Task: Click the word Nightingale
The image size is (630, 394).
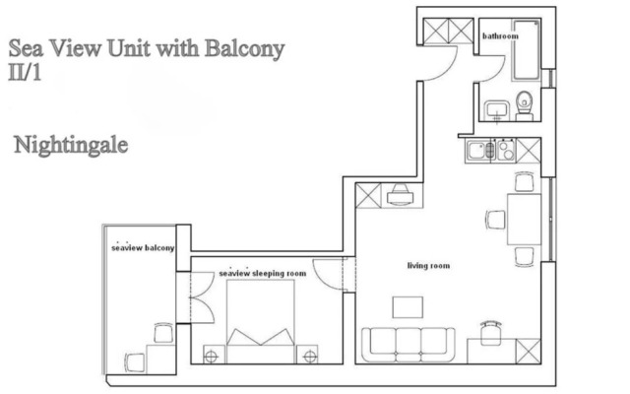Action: click(71, 146)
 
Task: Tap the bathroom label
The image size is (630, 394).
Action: click(500, 36)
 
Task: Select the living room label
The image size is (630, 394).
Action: click(428, 266)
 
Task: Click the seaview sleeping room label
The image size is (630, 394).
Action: click(263, 274)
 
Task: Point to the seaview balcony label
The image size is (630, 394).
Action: click(143, 247)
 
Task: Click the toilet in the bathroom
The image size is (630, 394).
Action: click(524, 105)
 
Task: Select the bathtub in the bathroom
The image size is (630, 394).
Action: click(526, 50)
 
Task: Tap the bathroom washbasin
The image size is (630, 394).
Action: click(497, 110)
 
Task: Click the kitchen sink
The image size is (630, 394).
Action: click(479, 151)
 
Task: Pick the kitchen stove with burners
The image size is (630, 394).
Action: click(506, 151)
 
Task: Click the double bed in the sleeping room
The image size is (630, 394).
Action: click(260, 321)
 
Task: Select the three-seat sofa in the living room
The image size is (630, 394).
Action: click(409, 345)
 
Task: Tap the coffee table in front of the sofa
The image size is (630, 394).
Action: click(408, 307)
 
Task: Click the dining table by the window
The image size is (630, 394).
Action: click(524, 219)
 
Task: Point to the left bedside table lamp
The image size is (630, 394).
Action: click(212, 356)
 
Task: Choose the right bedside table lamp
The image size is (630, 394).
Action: click(310, 356)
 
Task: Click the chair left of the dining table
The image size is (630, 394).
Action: click(495, 220)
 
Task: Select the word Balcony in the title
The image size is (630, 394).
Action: click(245, 49)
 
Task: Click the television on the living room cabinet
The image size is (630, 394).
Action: click(401, 195)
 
